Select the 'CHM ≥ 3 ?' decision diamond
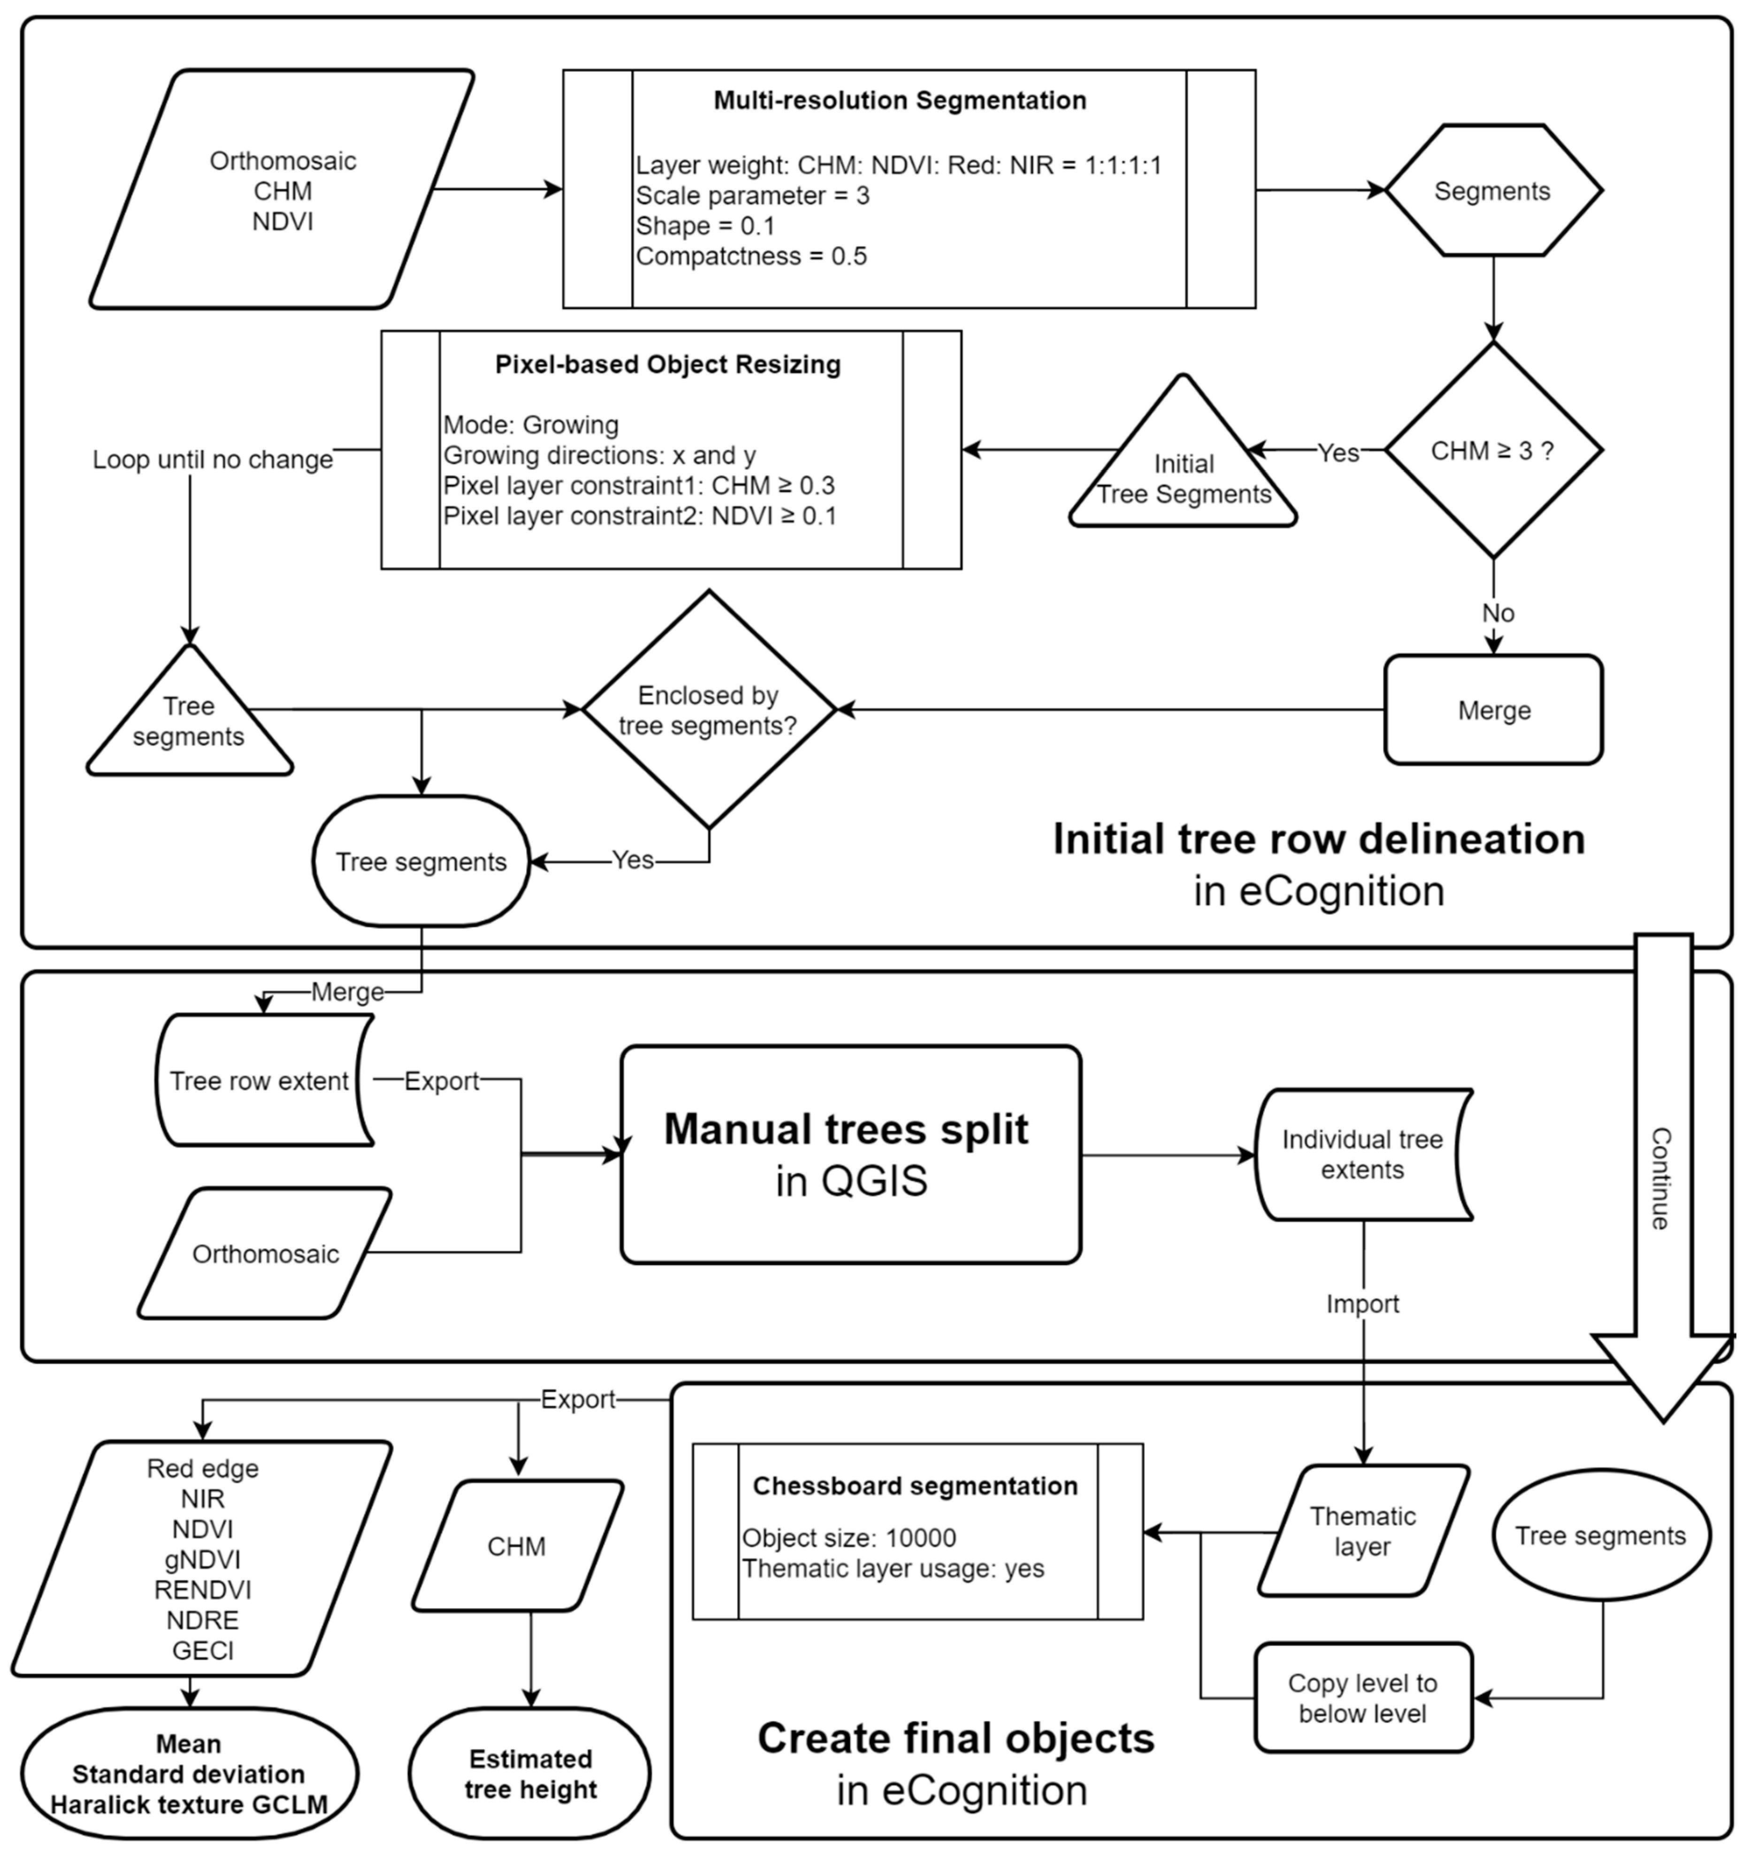click(1493, 451)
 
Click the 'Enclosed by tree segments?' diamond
click(709, 709)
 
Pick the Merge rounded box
click(1493, 710)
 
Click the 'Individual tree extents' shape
click(1363, 1155)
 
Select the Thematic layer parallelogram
click(1363, 1531)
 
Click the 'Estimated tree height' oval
click(530, 1774)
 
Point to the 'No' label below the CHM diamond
click(1498, 613)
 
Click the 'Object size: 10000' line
click(849, 1537)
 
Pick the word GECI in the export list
click(203, 1651)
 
